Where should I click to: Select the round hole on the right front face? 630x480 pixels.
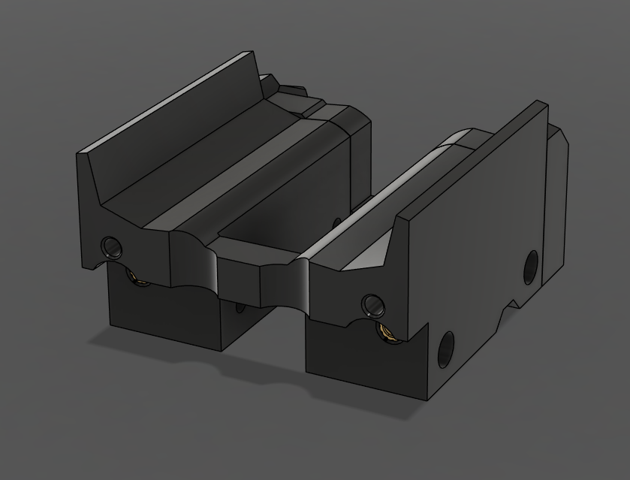coord(372,304)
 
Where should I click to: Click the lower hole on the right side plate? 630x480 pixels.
coord(445,350)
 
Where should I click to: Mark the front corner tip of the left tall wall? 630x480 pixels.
coord(81,154)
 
